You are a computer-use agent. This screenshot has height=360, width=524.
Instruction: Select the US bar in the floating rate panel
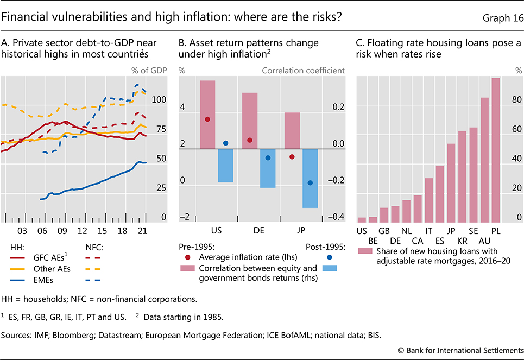tap(362, 219)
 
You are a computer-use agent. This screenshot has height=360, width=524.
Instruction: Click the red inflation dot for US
tap(207, 119)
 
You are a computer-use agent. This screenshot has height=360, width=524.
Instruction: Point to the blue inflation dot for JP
tap(310, 183)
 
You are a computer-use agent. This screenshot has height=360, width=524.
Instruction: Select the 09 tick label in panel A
tap(62, 230)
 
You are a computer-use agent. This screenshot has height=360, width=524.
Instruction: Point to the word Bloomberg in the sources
tap(72, 336)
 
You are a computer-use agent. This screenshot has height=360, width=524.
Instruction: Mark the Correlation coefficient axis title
tap(303, 70)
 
